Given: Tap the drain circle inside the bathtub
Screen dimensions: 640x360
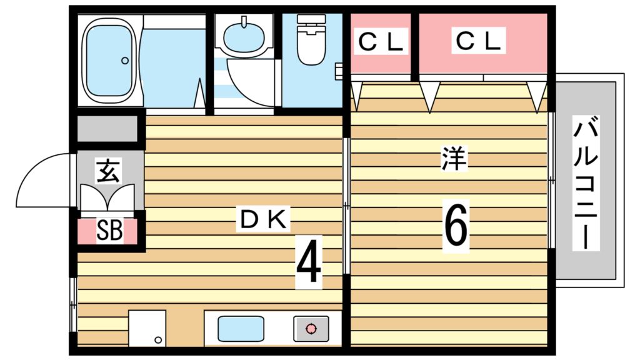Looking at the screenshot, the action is pos(125,61).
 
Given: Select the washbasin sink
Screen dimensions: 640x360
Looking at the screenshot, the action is pos(244,36).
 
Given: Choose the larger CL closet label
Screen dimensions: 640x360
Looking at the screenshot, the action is pos(478,41).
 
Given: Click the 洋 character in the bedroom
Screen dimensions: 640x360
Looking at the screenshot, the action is pos(454,158).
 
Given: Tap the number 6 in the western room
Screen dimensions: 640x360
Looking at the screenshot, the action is pos(456,226).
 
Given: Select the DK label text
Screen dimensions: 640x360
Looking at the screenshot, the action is pos(263,219).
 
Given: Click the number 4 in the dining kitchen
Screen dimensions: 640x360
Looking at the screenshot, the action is pos(309,262).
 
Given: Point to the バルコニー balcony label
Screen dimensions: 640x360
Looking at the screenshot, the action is pos(586,182).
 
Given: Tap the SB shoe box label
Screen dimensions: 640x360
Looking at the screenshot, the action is pos(109,231).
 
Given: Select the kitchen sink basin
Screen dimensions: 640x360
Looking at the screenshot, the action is pos(241,329).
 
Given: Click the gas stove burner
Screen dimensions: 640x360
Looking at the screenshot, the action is pos(311,329).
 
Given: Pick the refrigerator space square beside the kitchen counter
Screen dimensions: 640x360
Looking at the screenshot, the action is pos(147,328).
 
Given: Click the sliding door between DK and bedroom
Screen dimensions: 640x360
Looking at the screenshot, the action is pos(346,206).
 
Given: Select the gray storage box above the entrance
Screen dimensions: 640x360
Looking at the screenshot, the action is pos(107,129).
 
